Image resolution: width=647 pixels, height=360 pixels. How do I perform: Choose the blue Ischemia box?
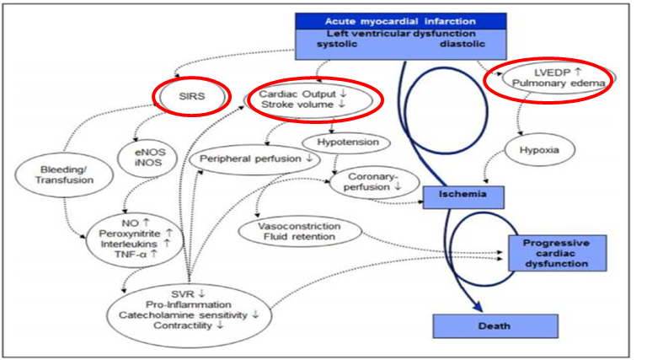coord(463,196)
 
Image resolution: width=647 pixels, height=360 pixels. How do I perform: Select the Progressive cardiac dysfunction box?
coord(555,252)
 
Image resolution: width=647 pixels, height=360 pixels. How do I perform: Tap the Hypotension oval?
coord(347,142)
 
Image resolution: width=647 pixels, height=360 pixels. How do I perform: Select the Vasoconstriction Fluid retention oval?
coord(301,232)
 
